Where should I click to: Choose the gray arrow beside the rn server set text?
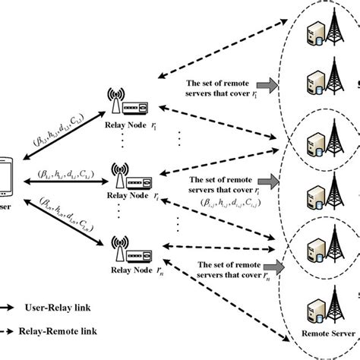(268, 266)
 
